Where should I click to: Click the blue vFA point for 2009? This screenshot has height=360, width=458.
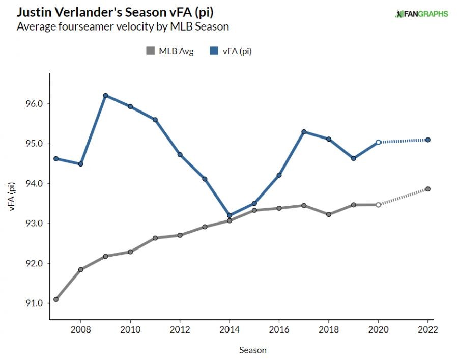(105, 95)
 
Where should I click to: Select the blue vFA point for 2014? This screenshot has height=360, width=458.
(230, 215)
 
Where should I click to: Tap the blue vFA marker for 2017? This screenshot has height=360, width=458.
(304, 132)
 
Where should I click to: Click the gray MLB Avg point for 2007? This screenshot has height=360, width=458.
(56, 299)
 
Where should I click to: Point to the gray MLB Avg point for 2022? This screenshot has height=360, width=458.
(428, 189)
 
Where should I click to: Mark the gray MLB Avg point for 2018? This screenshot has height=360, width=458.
(329, 214)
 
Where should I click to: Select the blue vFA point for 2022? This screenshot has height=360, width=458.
(428, 140)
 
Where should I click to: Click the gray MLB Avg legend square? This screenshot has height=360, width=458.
(150, 51)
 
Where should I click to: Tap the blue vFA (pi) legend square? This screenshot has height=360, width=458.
(213, 51)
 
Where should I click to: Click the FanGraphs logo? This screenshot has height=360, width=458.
(421, 14)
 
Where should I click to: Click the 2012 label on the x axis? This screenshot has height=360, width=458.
(180, 329)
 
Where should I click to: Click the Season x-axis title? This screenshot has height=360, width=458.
(252, 350)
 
